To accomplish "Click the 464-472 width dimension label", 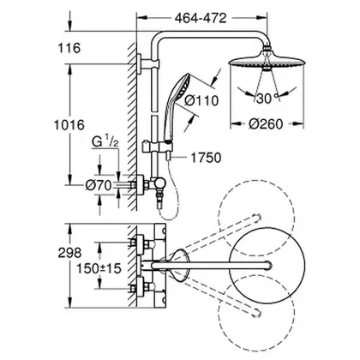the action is tap(201, 18).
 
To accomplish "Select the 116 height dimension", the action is tap(69, 48).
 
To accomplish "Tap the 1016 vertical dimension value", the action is tap(69, 125).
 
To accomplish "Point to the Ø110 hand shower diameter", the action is tap(201, 100).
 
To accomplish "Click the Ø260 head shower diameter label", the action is tap(266, 124).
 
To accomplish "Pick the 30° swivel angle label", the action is tap(267, 99).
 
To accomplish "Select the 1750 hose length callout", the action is tap(206, 158).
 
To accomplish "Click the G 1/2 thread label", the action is tap(105, 141).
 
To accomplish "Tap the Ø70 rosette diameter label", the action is tap(99, 186).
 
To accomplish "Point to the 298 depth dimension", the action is tap(69, 253).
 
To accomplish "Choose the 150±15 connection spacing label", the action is tap(99, 268).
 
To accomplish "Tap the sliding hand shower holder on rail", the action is tap(158, 147).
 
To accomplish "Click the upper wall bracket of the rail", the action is tap(147, 63).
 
